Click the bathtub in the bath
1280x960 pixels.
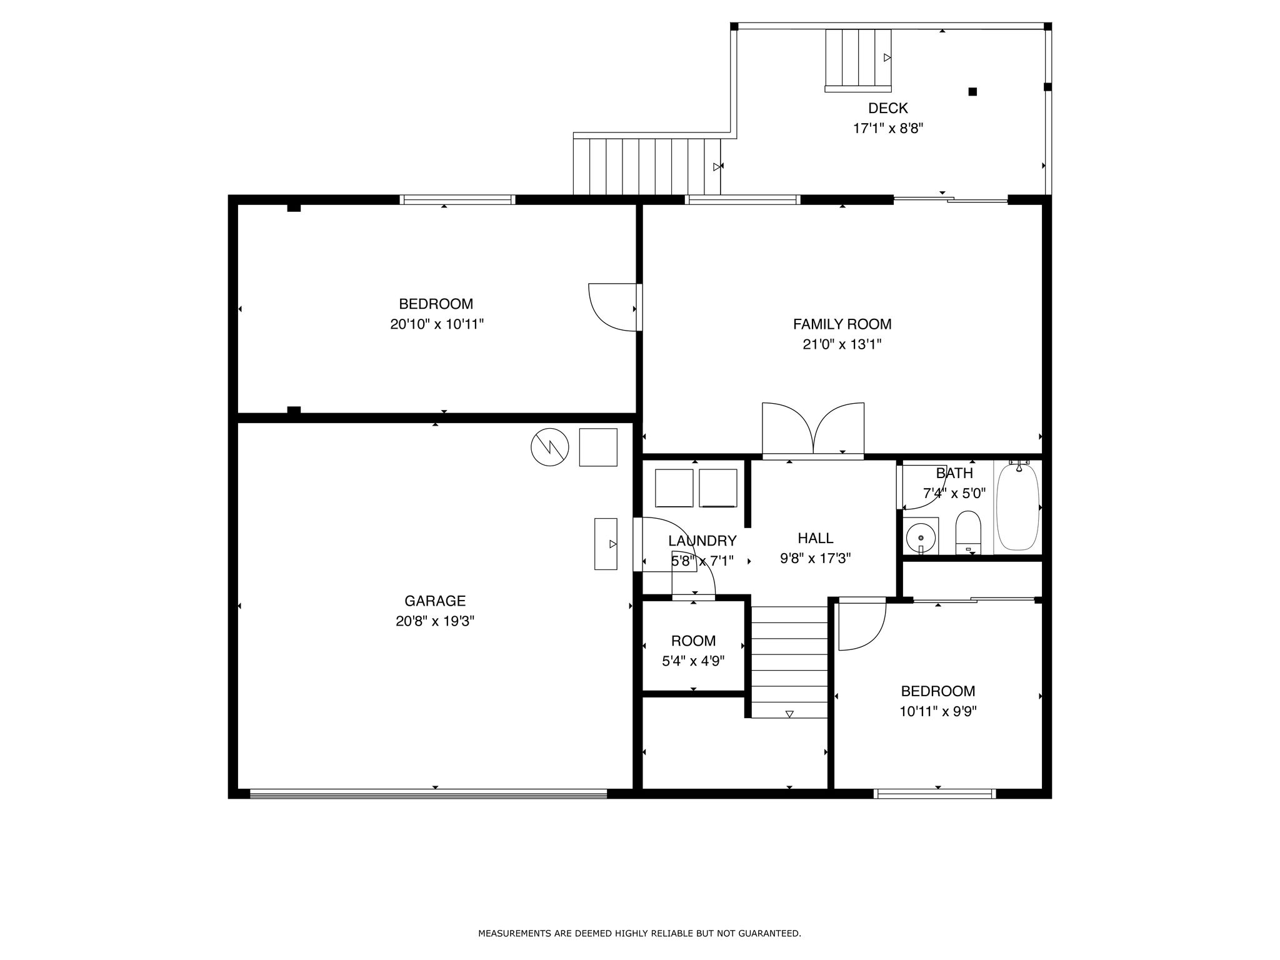[x=1017, y=507]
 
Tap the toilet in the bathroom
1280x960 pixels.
[x=968, y=532]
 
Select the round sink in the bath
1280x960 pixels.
[x=921, y=536]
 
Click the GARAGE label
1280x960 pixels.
[x=435, y=601]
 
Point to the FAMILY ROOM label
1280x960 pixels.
[x=842, y=324]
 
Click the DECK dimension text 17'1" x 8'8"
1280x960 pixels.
[x=888, y=129]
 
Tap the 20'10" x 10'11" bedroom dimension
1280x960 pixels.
[x=437, y=324]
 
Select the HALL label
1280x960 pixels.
[x=816, y=538]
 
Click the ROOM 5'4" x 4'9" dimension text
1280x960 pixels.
[x=693, y=661]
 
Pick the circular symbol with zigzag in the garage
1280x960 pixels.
[x=550, y=447]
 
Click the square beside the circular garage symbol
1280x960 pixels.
[x=598, y=447]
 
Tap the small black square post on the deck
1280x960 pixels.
[x=972, y=92]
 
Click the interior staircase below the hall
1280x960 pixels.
[x=789, y=662]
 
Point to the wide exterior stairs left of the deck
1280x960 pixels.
[x=647, y=166]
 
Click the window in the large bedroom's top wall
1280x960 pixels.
[x=457, y=200]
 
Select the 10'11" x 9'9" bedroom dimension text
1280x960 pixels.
[x=938, y=711]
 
